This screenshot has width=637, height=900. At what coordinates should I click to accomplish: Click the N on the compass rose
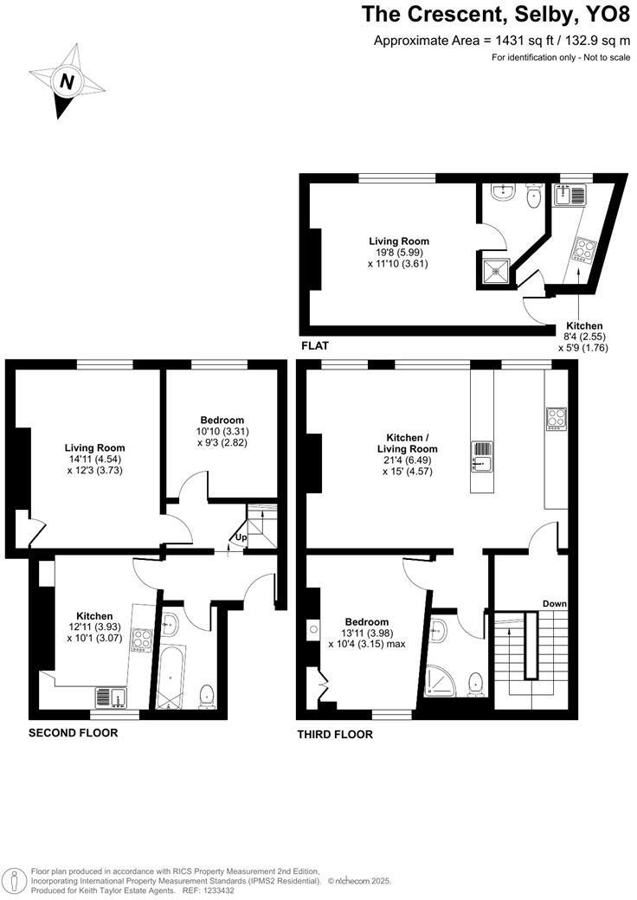[x=66, y=81]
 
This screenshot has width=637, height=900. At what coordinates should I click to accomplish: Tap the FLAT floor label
[x=314, y=345]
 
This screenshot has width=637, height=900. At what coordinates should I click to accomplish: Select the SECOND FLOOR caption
[x=74, y=733]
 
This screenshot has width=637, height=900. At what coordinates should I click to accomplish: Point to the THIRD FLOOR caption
[x=335, y=735]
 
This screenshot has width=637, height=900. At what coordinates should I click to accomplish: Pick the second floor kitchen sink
[x=110, y=697]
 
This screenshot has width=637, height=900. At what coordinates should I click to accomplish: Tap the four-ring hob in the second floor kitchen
[x=143, y=642]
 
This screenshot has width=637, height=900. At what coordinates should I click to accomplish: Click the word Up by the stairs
[x=241, y=537]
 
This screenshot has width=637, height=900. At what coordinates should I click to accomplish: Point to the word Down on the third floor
[x=554, y=603]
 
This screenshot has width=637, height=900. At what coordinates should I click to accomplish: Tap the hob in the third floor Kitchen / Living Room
[x=556, y=418]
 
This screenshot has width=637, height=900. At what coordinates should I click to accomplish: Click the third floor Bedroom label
[x=367, y=621]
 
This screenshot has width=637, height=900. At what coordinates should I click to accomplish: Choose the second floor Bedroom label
[x=222, y=420]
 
